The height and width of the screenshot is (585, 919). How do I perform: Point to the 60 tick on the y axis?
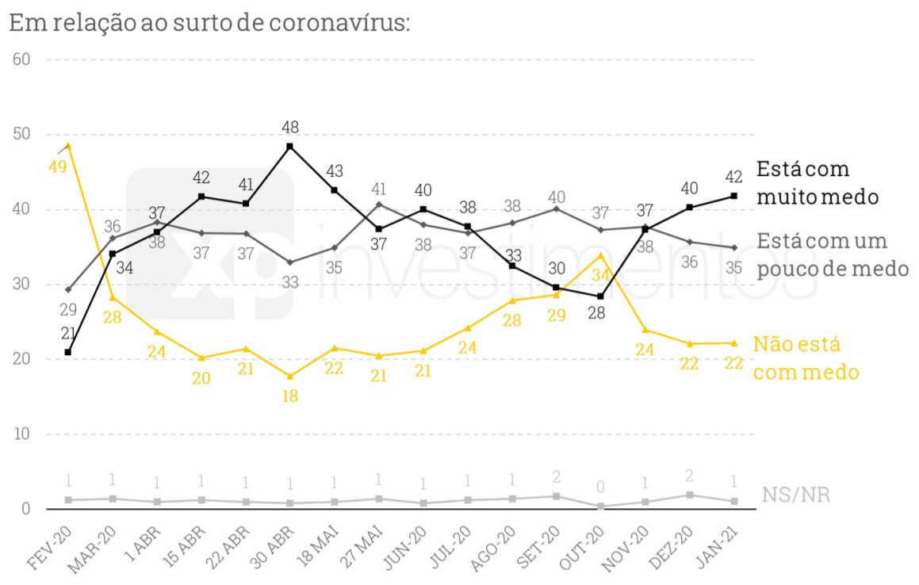[21, 59]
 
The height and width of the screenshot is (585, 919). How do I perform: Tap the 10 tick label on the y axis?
[21, 434]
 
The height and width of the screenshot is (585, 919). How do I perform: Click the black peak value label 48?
[289, 127]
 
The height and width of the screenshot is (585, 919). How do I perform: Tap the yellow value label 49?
[56, 167]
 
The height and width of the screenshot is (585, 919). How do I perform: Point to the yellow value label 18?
[289, 396]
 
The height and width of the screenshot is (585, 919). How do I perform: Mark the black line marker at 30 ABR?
[289, 147]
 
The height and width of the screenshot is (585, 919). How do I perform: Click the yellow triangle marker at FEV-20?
[68, 146]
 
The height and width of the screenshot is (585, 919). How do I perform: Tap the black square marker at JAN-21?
[733, 196]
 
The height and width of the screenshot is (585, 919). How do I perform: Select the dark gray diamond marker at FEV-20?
[68, 289]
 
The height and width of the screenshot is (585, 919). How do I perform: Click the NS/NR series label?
[796, 495]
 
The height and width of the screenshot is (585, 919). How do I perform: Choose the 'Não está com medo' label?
[805, 357]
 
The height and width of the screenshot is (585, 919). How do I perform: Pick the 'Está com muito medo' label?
[817, 182]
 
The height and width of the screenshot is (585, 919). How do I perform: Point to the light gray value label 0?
[601, 486]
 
